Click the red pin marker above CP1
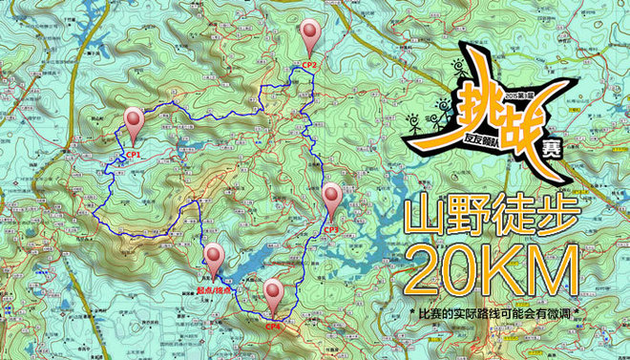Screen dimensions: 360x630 [135, 122]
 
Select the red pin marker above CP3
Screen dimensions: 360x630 [331, 198]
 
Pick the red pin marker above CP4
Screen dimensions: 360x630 [274, 292]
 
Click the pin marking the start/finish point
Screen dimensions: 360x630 [215, 257]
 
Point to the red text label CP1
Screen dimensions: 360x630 [133, 153]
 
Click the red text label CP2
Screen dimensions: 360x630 [308, 64]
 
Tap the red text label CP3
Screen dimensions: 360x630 [331, 228]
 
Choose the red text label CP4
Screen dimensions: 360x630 [274, 326]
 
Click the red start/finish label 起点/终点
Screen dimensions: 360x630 [216, 287]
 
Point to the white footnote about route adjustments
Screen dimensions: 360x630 [496, 314]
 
